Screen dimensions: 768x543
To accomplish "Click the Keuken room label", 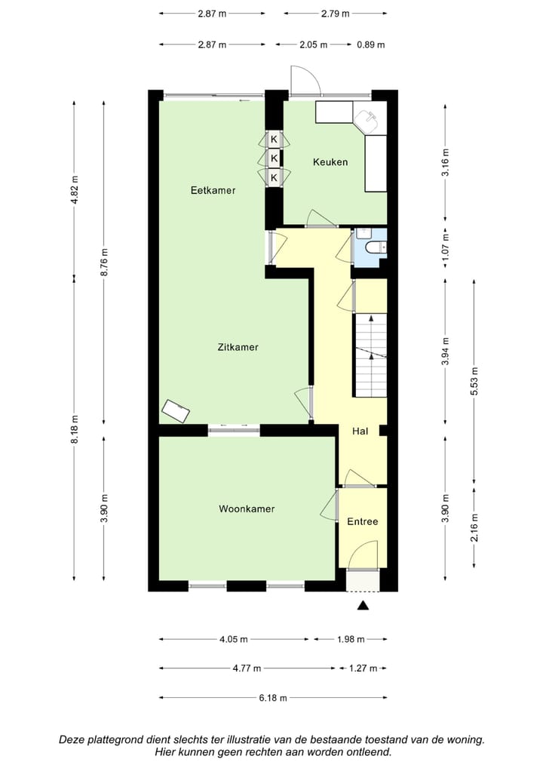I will click(330, 162).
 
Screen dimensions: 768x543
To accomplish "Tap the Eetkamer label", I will click(213, 191).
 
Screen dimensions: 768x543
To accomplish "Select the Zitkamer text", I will click(238, 348).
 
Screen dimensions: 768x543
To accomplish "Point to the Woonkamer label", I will click(247, 509).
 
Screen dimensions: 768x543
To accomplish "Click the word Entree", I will click(362, 522).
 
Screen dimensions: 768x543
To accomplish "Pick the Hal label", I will click(360, 432).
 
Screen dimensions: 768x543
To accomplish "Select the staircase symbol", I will click(370, 355).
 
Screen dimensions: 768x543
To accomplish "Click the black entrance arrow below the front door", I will click(363, 605).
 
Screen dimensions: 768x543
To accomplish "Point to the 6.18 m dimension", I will click(272, 698).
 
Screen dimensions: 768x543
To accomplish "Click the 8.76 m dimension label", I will click(104, 263).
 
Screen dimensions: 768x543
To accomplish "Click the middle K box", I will click(274, 158).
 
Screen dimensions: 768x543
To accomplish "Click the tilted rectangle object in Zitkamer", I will click(176, 410).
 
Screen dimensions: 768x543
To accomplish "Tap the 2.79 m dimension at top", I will click(335, 14).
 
